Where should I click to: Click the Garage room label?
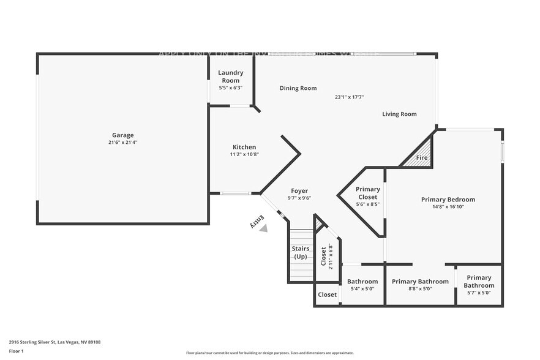(x=122, y=135)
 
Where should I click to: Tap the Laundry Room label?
(x=231, y=77)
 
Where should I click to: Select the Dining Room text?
(x=298, y=88)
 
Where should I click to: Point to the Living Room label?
(x=399, y=114)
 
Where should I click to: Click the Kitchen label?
(x=244, y=147)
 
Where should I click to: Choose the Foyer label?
(x=299, y=191)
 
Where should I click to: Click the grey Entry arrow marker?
(x=263, y=228)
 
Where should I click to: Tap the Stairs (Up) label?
(x=300, y=252)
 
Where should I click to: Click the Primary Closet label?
(x=368, y=193)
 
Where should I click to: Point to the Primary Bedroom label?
(x=448, y=200)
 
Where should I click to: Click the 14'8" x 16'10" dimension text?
(x=448, y=207)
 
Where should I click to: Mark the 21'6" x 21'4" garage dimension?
(x=122, y=143)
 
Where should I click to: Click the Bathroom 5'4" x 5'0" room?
(x=362, y=285)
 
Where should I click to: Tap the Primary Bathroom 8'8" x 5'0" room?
(x=420, y=285)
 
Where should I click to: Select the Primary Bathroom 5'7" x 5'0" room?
(x=479, y=285)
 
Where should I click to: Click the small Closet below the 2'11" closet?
(x=327, y=294)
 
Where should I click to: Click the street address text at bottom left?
(x=54, y=342)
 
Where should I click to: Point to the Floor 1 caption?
(x=16, y=351)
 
